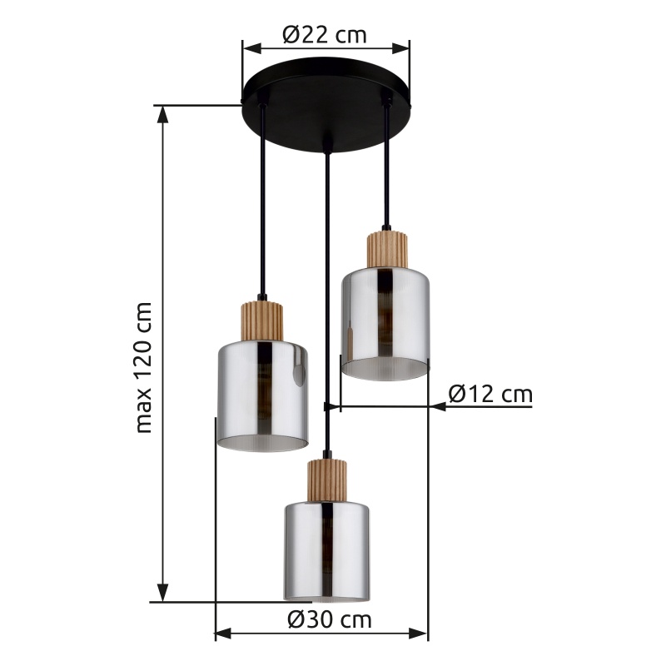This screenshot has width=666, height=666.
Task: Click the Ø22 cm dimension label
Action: pos(324,34)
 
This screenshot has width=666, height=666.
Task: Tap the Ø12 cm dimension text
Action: pos(490,394)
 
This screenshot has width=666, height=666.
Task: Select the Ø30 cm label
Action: pos(330,619)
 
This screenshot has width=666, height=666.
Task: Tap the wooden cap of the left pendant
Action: pos(262,321)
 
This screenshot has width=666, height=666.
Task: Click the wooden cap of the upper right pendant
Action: pos(387,249)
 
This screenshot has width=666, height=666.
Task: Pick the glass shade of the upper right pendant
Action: pos(385,324)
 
